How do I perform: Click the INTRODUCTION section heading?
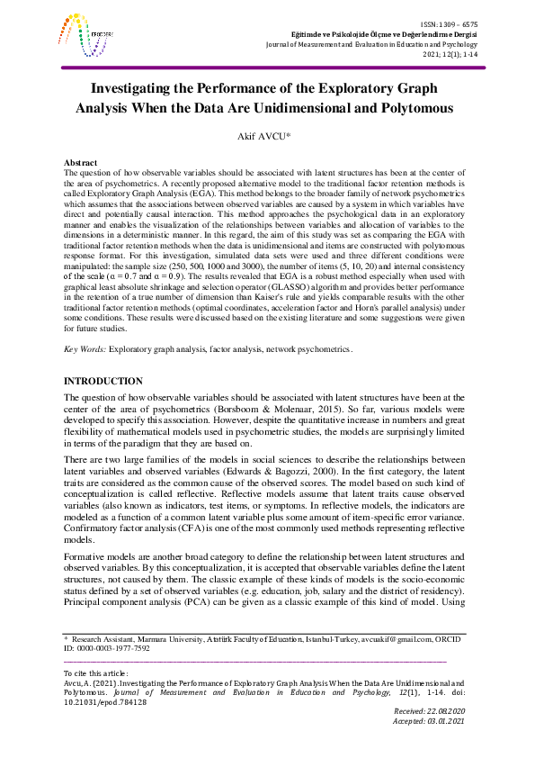(x=104, y=383)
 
